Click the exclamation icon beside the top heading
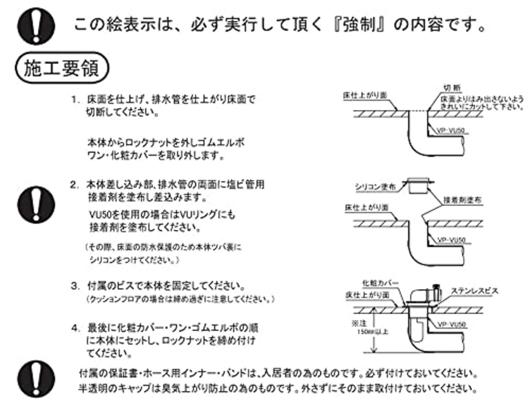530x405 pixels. pyautogui.click(x=37, y=26)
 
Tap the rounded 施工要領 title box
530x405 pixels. pyautogui.click(x=62, y=68)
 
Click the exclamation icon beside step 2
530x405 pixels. pyautogui.click(x=36, y=205)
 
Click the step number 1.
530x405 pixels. pyautogui.click(x=75, y=100)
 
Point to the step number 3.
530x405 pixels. pyautogui.click(x=75, y=286)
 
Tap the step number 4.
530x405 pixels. pyautogui.click(x=75, y=328)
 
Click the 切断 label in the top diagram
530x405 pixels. pyautogui.click(x=452, y=88)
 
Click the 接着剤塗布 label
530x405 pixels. pyautogui.click(x=463, y=200)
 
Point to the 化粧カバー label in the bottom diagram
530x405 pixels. pyautogui.click(x=381, y=283)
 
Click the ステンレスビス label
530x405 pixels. pyautogui.click(x=475, y=291)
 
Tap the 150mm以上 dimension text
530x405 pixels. pyautogui.click(x=372, y=332)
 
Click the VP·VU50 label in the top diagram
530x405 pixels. pyautogui.click(x=450, y=131)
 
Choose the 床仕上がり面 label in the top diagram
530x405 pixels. pyautogui.click(x=364, y=95)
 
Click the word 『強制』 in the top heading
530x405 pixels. pyautogui.click(x=358, y=25)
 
